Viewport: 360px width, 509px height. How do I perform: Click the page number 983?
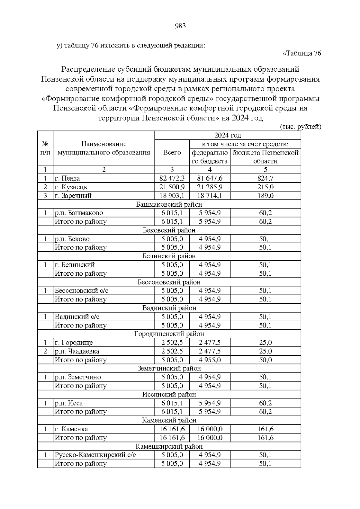180,26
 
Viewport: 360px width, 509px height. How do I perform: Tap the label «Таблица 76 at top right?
302,53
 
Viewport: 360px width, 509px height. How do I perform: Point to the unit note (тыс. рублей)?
301,127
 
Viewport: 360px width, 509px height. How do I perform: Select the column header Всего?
172,152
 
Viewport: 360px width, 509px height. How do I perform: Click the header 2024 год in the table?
228,135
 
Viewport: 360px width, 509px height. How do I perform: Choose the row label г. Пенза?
67,178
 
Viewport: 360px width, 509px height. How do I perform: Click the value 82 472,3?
172,178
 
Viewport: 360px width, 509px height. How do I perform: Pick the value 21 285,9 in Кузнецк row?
210,187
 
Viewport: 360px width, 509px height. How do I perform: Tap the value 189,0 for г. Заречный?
265,196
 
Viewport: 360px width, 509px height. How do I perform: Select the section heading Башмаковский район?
169,205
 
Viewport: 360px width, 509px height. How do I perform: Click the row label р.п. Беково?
72,239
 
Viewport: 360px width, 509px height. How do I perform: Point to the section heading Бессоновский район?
169,282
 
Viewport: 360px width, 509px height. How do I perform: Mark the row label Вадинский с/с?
77,317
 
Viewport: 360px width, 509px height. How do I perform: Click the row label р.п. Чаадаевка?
77,351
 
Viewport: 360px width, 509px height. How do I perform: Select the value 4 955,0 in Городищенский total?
210,360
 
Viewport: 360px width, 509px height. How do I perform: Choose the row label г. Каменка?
71,429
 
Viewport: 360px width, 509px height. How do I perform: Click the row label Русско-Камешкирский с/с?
95,455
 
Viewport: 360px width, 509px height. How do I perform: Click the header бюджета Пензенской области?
265,157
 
